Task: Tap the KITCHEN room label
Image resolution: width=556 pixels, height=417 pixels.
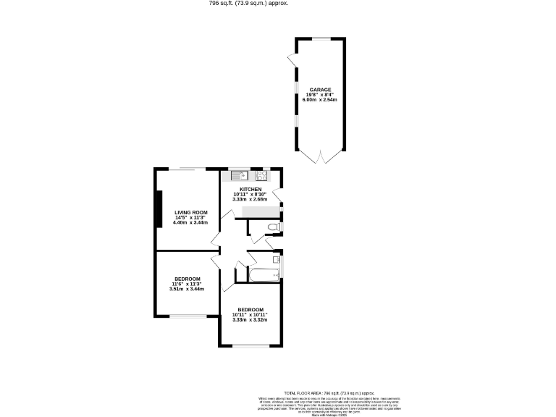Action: pyautogui.click(x=241, y=190)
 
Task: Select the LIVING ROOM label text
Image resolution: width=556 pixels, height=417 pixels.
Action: pyautogui.click(x=190, y=212)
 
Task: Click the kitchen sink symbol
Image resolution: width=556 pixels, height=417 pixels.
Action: pyautogui.click(x=240, y=174)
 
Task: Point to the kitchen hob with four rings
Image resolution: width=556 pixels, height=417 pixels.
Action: pyautogui.click(x=261, y=174)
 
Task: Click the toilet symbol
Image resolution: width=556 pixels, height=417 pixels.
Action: pyautogui.click(x=272, y=228)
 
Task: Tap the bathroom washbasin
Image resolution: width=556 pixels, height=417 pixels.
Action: pyautogui.click(x=276, y=259)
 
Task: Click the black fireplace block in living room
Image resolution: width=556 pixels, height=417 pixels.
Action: pyautogui.click(x=158, y=209)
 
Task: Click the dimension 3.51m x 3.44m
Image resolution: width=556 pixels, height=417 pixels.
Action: pyautogui.click(x=187, y=289)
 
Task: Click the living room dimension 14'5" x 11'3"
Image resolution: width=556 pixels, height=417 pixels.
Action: pyautogui.click(x=190, y=217)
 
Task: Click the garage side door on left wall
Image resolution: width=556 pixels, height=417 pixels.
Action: pyautogui.click(x=292, y=64)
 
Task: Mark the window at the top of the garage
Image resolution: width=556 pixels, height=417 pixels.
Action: pyautogui.click(x=319, y=38)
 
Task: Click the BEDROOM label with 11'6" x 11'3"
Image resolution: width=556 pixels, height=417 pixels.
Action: pyautogui.click(x=187, y=279)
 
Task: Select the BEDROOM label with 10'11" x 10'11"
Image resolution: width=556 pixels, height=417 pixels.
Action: pyautogui.click(x=250, y=309)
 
